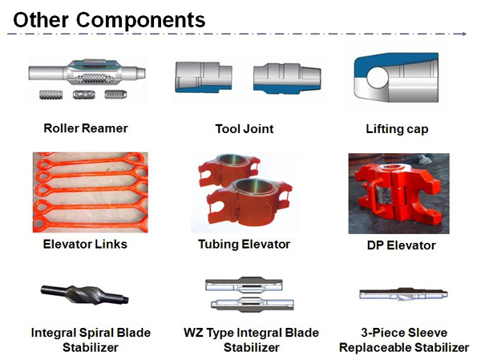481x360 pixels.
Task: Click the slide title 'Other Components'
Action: coord(109,20)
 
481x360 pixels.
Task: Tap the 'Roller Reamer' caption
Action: coord(86,128)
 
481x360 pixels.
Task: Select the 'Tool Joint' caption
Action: coord(245,129)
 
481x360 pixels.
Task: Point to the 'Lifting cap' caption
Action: coord(397,129)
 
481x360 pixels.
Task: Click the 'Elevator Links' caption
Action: coord(85,245)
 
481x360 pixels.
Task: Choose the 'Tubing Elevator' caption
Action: coord(244,245)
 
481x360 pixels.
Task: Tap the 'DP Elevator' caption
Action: coord(402,245)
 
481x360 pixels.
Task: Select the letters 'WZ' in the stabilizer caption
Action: coord(193,333)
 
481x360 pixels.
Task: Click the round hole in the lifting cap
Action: coord(378,77)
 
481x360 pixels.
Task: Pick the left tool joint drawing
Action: coord(204,77)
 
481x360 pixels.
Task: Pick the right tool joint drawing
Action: coord(287,79)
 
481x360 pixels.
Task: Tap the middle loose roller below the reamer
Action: coord(83,95)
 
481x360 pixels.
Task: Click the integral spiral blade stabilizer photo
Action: coord(85,294)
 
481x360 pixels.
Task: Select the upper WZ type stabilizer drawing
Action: coord(244,285)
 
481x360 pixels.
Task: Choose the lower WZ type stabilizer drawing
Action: coord(253,304)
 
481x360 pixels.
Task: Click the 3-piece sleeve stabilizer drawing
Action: coord(403,294)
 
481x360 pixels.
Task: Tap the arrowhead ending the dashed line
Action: coord(464,34)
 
